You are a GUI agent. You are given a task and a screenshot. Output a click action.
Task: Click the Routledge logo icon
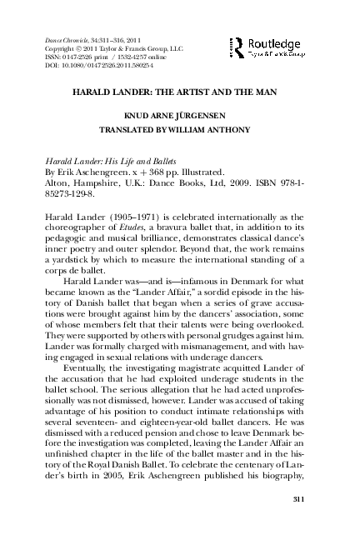click(237, 47)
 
